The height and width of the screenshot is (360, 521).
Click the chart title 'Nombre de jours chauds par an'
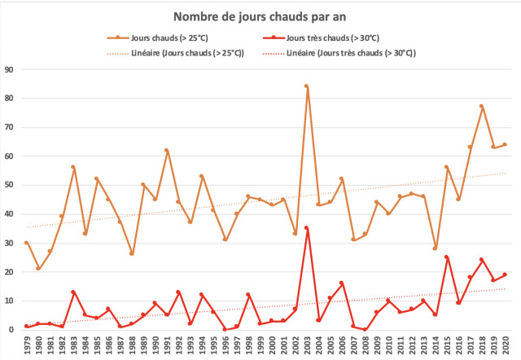(260, 16)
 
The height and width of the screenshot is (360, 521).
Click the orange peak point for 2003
(306, 86)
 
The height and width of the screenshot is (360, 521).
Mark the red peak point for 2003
(306, 228)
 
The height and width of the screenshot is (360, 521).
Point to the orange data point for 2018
(481, 106)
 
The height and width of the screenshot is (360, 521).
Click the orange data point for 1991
(166, 151)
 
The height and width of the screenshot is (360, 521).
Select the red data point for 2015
(446, 257)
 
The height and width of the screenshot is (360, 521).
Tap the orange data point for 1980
(38, 269)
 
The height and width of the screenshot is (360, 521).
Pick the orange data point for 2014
(435, 248)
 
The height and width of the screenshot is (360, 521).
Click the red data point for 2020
(505, 274)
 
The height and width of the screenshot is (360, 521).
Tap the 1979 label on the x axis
(27, 345)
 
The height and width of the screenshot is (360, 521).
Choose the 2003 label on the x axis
(307, 345)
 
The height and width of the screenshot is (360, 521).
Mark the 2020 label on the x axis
(506, 345)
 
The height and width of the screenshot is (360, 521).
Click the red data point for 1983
(73, 292)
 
